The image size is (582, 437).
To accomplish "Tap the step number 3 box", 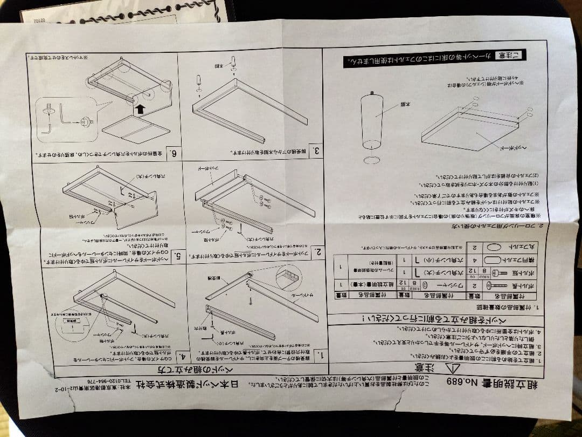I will (318, 152).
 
